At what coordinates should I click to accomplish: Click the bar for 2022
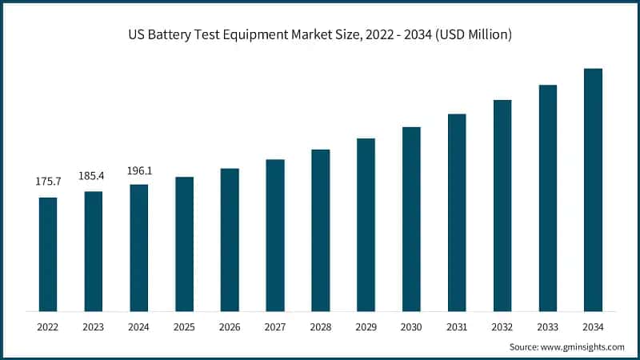coord(48,254)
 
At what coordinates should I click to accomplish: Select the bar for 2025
coord(185,243)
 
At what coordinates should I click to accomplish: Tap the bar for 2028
coord(321,230)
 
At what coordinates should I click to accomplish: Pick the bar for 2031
coord(457,212)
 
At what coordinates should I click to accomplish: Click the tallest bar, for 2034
coord(593,190)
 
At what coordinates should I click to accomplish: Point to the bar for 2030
coord(411,218)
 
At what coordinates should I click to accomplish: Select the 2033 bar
coord(547,198)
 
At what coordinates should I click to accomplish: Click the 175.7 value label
coord(48,182)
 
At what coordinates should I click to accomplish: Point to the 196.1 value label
coord(139,170)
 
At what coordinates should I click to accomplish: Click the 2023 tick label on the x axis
coord(94,327)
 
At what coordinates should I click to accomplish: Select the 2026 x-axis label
coord(230,327)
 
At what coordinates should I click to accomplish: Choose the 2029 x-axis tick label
coord(366,327)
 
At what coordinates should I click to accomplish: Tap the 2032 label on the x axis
coord(502,327)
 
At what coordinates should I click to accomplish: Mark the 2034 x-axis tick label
coord(593,327)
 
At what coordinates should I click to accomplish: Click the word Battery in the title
coord(186,35)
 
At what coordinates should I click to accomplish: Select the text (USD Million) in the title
coord(472,35)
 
